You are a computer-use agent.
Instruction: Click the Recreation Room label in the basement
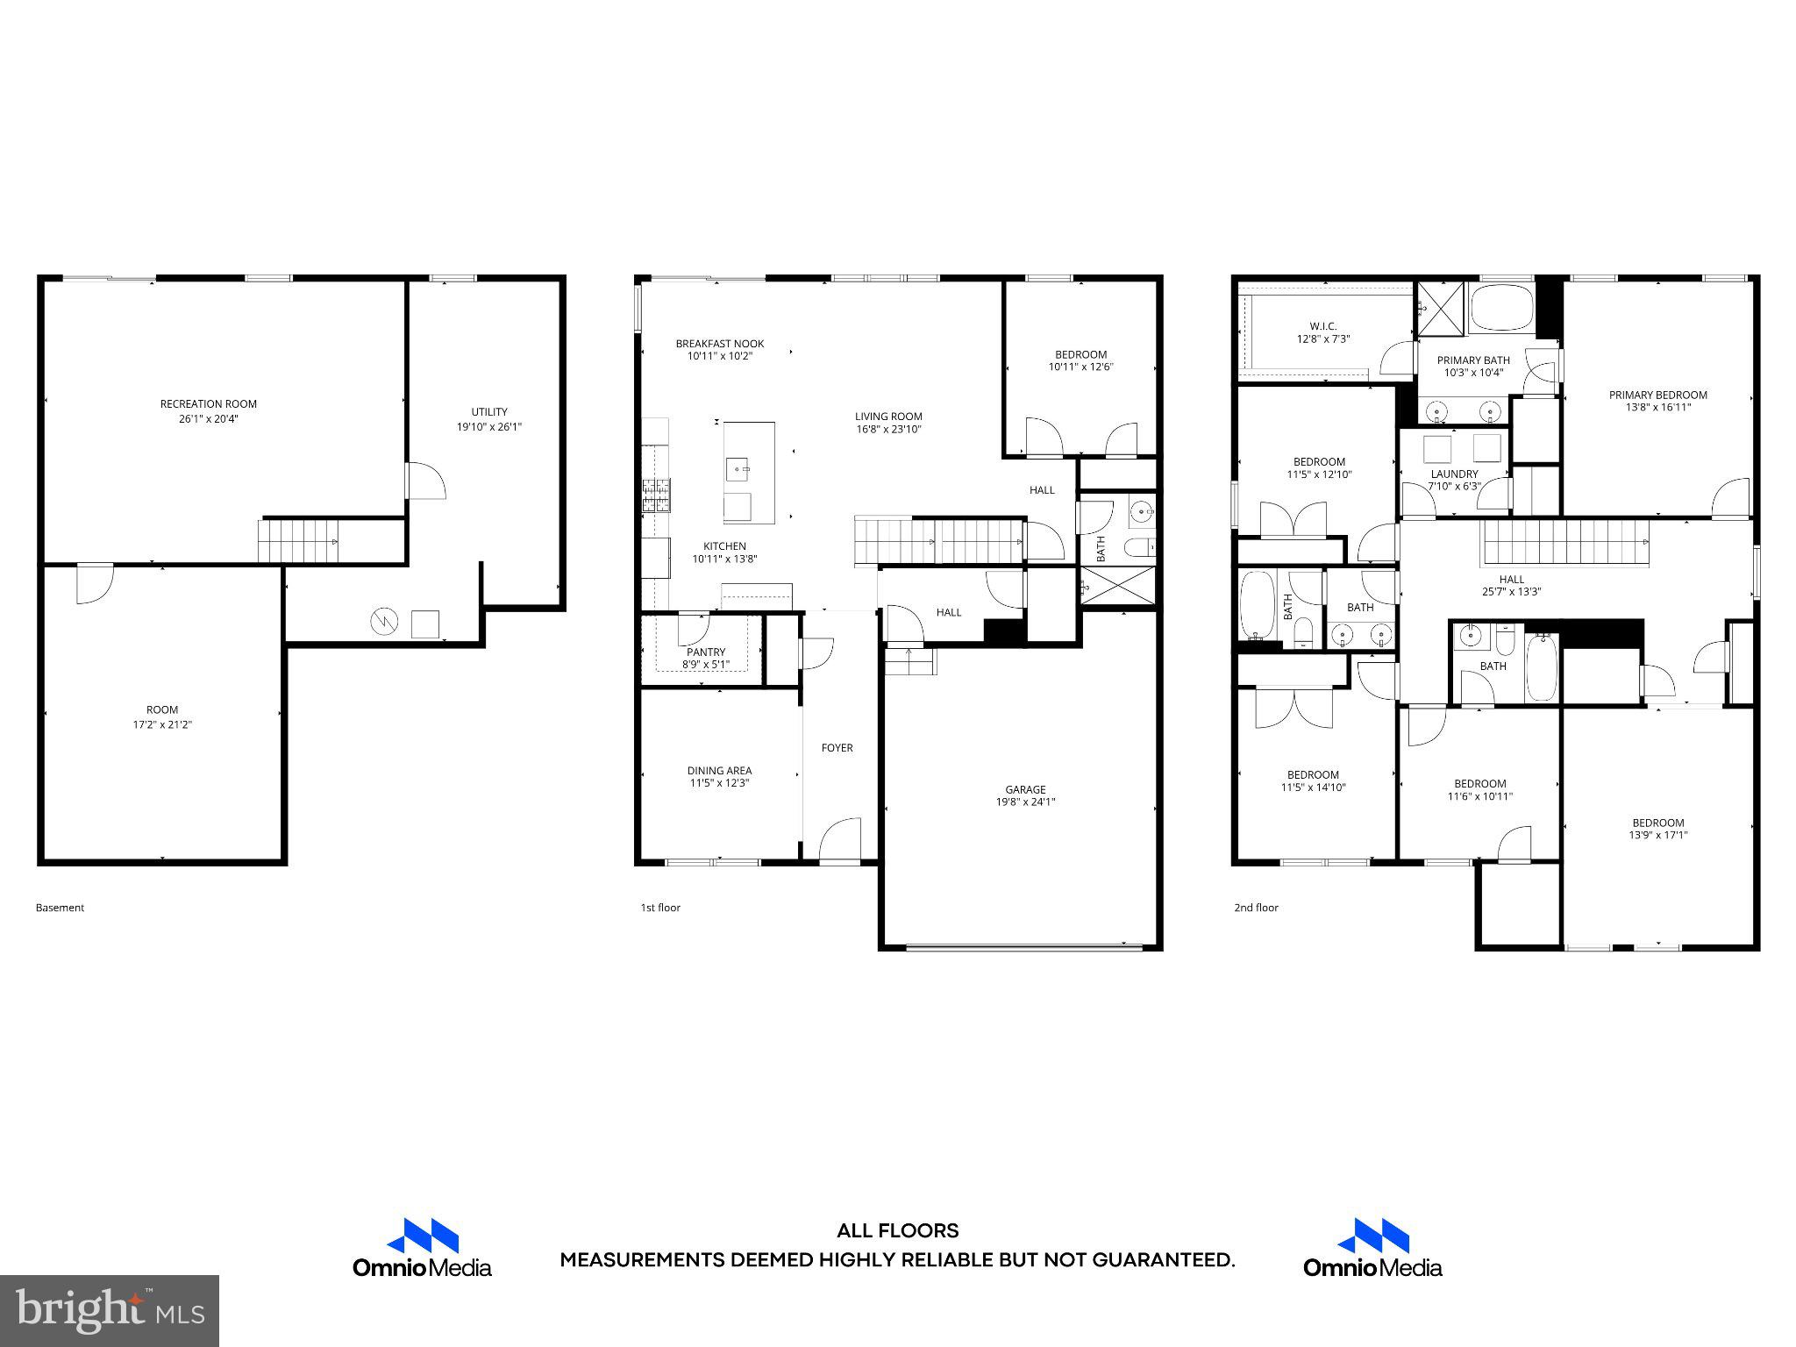click(208, 404)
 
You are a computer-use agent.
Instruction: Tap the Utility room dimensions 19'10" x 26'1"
click(488, 427)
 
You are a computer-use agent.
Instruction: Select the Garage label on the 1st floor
click(1025, 789)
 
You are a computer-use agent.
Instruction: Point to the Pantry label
click(706, 652)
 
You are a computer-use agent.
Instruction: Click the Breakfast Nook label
click(719, 344)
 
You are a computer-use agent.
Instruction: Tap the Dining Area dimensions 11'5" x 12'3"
click(719, 783)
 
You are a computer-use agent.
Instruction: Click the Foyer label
click(837, 748)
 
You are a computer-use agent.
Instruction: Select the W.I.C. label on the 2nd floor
click(1322, 326)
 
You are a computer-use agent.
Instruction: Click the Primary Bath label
click(1473, 360)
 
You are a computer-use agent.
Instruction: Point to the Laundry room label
click(1454, 474)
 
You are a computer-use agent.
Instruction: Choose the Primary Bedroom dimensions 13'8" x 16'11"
click(1657, 407)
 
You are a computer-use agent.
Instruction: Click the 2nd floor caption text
click(1256, 908)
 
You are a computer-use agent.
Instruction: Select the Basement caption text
click(60, 908)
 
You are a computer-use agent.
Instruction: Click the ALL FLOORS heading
click(897, 1230)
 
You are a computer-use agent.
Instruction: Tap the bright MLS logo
click(110, 1310)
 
